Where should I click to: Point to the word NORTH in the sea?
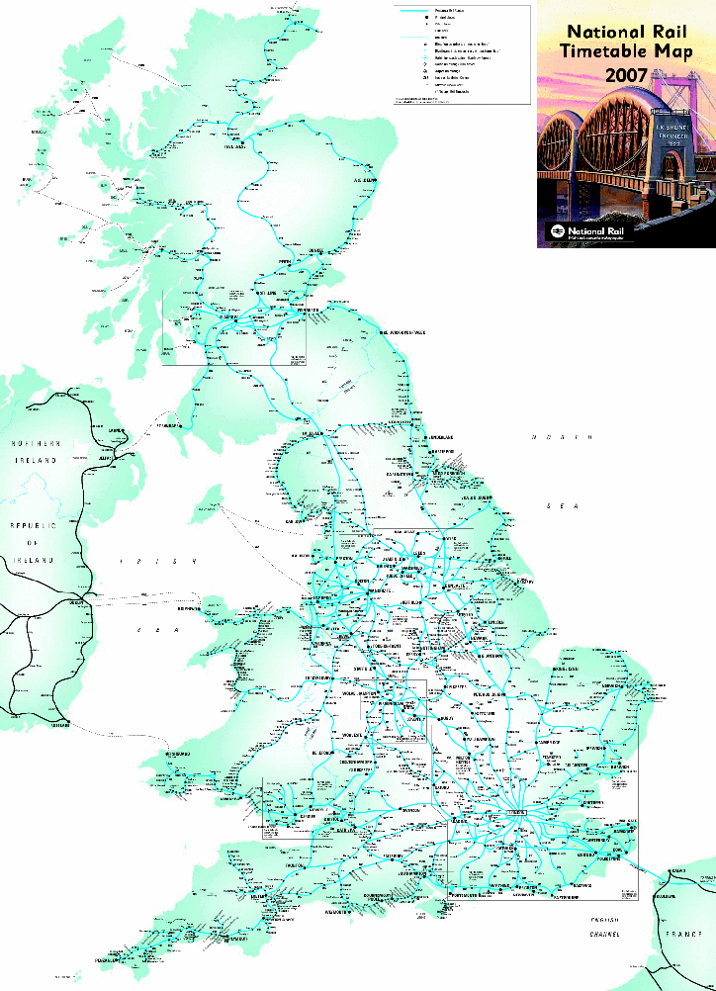560,436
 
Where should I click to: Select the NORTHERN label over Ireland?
36,443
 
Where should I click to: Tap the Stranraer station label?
174,424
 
